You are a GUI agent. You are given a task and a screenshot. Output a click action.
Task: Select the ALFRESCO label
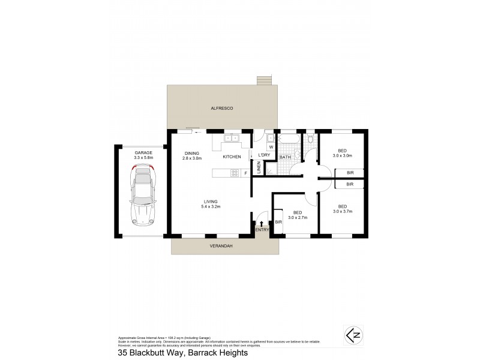pos(221,107)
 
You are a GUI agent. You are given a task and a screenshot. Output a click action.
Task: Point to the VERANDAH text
pos(221,246)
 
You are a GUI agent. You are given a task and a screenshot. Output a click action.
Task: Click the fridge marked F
pos(245,174)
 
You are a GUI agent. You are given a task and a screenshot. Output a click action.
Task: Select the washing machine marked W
pos(271,146)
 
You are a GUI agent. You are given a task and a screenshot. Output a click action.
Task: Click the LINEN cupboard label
pos(259,170)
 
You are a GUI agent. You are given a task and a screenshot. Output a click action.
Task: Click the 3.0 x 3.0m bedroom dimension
pos(341,155)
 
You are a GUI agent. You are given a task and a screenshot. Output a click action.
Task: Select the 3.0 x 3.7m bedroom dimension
pos(341,211)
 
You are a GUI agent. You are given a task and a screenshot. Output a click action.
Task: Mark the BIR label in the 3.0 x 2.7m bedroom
pos(278,223)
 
